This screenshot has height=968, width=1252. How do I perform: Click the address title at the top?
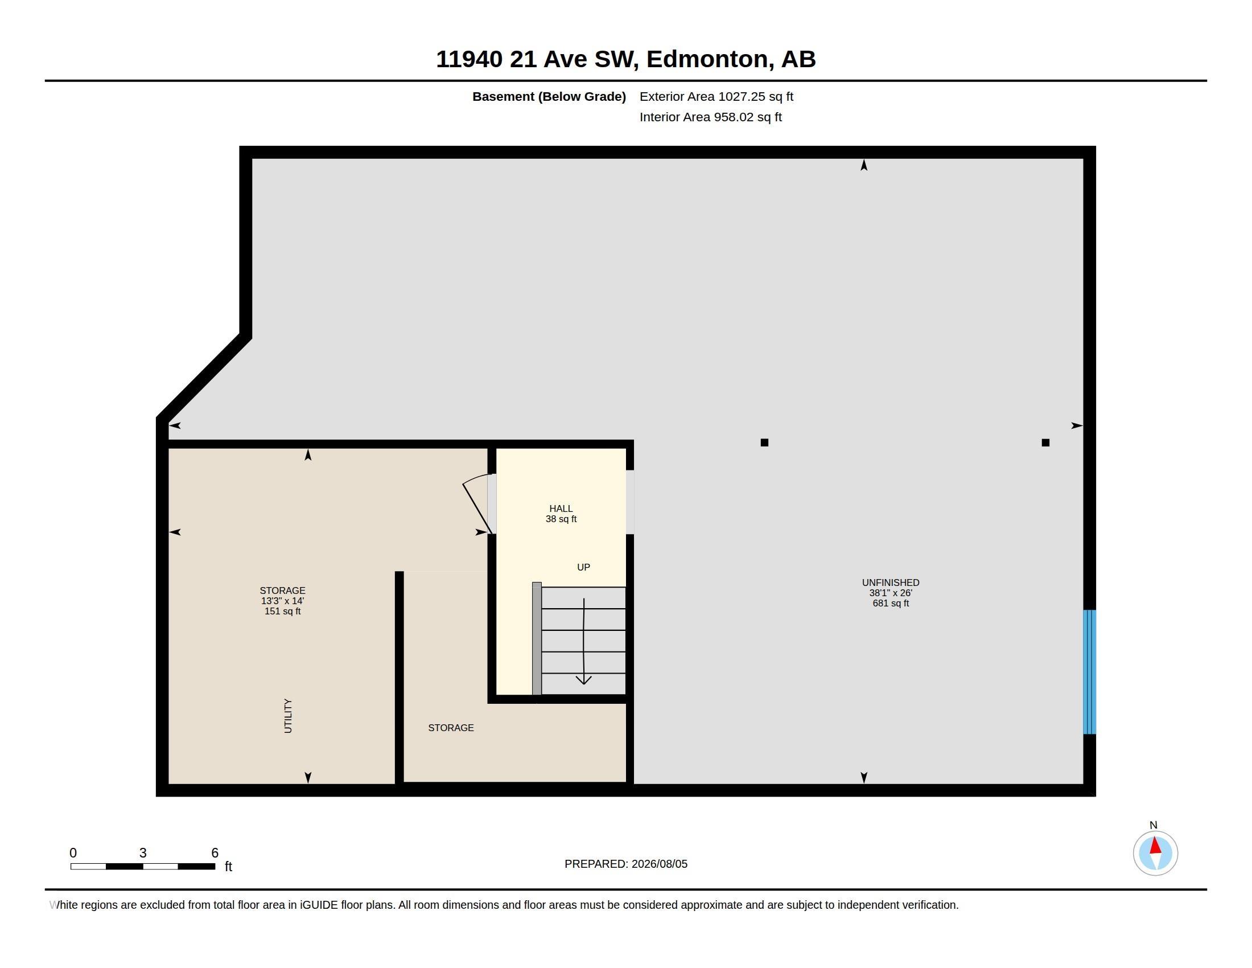click(x=625, y=59)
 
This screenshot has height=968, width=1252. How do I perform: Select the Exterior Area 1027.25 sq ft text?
click(x=716, y=96)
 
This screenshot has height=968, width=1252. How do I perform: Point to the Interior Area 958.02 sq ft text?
click(x=710, y=117)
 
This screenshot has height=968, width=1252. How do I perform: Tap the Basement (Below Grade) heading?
click(x=549, y=97)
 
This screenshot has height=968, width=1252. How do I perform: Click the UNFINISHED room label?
click(x=890, y=583)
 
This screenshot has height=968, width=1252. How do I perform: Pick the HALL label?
click(x=561, y=508)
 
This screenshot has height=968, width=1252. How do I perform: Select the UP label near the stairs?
click(x=583, y=567)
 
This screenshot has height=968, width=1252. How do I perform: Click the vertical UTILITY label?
click(x=288, y=716)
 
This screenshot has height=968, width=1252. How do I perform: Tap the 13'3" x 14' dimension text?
click(x=282, y=601)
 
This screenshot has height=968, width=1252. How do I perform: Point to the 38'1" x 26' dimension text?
click(x=890, y=593)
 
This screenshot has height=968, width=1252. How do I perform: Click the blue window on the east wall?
click(x=1089, y=671)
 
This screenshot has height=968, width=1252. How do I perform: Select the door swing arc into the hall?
click(x=476, y=478)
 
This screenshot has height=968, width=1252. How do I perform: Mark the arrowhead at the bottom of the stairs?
click(x=583, y=680)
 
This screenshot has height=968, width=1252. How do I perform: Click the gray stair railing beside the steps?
click(x=537, y=638)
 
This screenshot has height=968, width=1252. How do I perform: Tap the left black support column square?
click(x=764, y=442)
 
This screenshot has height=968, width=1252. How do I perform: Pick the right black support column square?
click(x=1045, y=442)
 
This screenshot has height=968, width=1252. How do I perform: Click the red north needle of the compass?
click(x=1155, y=845)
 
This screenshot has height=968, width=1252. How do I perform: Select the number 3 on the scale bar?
click(x=143, y=853)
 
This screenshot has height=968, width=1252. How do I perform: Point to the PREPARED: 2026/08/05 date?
click(x=626, y=864)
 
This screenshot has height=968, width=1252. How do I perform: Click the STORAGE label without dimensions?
click(x=451, y=728)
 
